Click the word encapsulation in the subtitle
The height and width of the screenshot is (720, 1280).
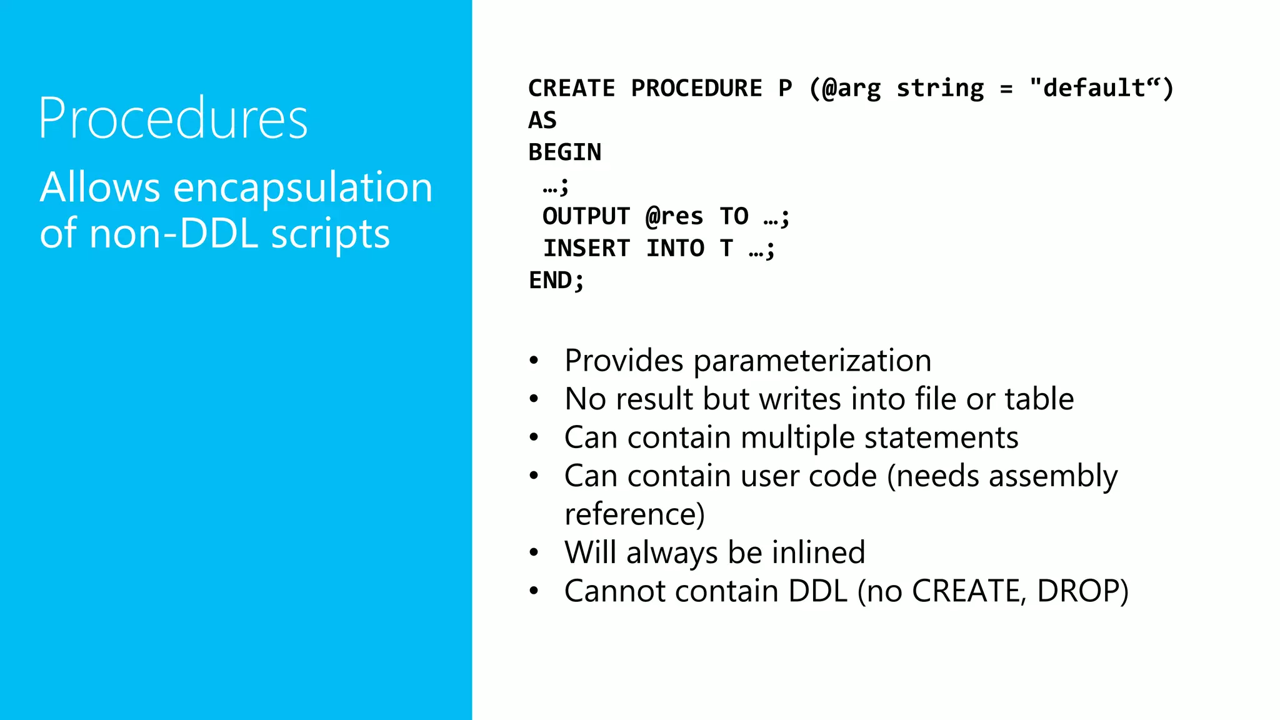point(302,187)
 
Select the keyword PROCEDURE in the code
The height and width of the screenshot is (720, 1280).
point(696,88)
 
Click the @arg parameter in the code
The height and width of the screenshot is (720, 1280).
point(851,88)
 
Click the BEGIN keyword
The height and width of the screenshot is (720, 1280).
point(564,152)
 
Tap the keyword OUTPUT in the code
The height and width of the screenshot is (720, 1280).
point(586,216)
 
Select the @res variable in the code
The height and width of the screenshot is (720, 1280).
point(674,216)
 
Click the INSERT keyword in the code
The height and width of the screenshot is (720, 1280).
point(586,248)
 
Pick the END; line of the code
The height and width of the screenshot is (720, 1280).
point(556,280)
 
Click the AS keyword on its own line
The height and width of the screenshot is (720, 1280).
point(542,120)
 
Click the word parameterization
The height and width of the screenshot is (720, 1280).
point(812,361)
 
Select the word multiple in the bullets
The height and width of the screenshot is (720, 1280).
point(797,437)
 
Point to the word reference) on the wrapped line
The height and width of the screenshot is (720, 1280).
point(634,514)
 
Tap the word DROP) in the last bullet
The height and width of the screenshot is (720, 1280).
point(1082,591)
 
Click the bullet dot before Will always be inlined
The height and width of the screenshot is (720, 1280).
point(534,552)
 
